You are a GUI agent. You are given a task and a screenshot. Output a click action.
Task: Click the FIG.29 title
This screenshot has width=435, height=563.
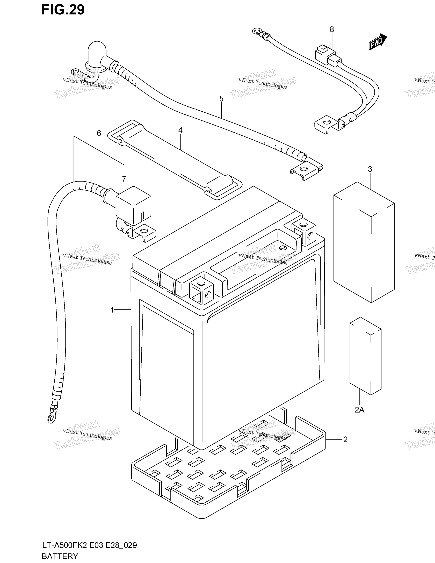coord(63,10)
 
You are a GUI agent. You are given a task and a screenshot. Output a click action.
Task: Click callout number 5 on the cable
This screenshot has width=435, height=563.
coord(221,99)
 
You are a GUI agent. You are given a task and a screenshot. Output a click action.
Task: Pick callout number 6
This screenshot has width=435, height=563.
coord(99,133)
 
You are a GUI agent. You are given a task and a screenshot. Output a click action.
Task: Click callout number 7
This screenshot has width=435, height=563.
coord(124,179)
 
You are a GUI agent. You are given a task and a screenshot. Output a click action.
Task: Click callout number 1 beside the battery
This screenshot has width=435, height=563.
coord(112,310)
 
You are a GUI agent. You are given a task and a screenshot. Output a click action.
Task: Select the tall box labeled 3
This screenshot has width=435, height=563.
coord(364,242)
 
